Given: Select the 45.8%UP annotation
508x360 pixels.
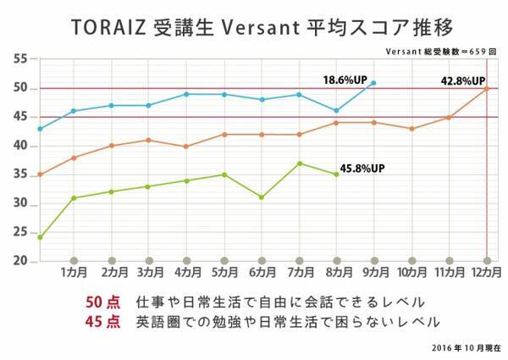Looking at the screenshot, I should (362, 169).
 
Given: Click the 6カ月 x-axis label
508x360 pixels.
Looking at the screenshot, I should (262, 274).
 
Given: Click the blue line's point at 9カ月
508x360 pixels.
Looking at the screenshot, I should (374, 83).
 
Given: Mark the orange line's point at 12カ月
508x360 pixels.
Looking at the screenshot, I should (487, 88).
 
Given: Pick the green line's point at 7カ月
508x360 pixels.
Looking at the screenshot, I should (299, 163).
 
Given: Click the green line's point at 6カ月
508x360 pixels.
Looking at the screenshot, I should (262, 197).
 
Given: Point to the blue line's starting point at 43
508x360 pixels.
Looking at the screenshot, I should (39, 129).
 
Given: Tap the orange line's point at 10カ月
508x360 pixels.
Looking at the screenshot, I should (411, 129).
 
